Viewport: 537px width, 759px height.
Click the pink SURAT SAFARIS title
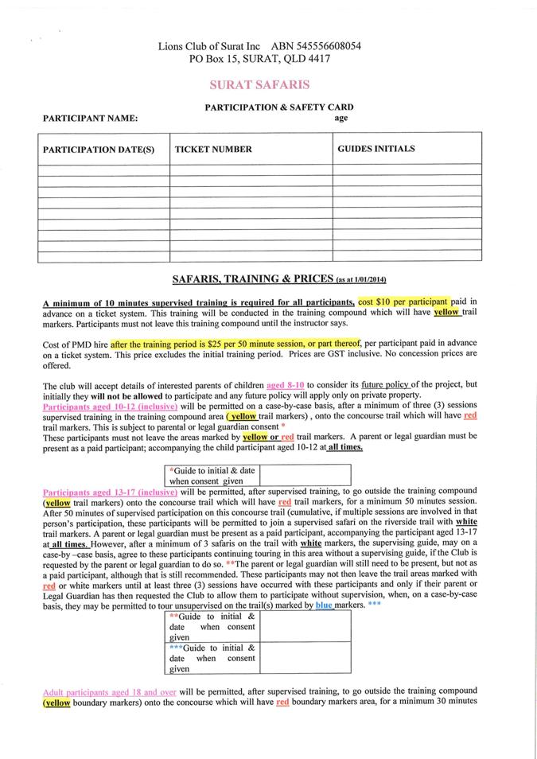(259, 84)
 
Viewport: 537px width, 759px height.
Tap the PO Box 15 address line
(259, 59)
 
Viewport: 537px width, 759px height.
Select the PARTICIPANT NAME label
(90, 119)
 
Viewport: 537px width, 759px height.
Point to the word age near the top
(340, 118)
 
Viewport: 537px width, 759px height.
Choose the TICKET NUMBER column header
(213, 149)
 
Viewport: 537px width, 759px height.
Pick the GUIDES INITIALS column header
(376, 149)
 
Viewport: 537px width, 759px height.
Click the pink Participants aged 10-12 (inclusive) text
(110, 406)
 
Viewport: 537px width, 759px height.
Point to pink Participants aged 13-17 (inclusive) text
(110, 492)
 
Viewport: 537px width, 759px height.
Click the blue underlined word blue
(324, 605)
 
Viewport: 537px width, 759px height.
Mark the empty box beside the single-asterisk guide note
(305, 475)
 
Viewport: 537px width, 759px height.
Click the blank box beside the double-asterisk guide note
(305, 626)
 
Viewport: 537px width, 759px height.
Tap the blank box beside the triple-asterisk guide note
(305, 658)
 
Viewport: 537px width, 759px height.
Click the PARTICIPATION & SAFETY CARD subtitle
(279, 107)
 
